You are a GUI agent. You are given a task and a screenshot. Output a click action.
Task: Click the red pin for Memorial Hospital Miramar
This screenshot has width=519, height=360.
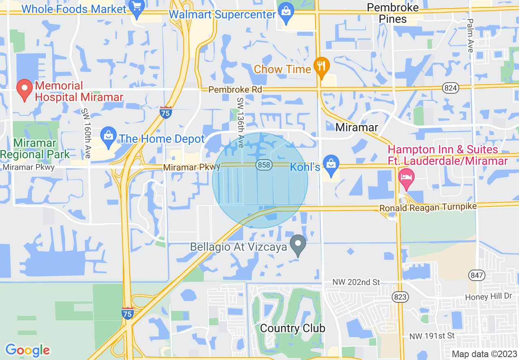[x=25, y=91]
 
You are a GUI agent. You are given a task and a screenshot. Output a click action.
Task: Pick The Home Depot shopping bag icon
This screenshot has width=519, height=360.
[x=108, y=138]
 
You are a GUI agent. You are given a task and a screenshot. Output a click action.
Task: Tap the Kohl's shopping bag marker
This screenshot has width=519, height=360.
[x=331, y=164]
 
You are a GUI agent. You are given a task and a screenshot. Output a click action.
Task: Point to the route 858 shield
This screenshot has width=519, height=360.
[x=264, y=165]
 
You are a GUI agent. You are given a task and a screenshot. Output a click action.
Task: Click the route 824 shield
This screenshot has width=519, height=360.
[x=451, y=88]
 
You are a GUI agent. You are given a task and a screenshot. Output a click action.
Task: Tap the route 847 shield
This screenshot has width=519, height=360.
[x=477, y=275]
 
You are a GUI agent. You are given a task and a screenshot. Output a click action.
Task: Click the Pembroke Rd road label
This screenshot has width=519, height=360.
[x=235, y=89]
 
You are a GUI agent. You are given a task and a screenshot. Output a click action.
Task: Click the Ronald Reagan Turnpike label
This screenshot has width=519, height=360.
[x=428, y=207]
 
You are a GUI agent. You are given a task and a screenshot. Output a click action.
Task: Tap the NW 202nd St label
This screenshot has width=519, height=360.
[x=356, y=282]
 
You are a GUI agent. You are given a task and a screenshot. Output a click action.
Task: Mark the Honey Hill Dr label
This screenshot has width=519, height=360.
[x=489, y=297]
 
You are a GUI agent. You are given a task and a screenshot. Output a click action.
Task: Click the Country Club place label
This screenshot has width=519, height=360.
[x=293, y=328]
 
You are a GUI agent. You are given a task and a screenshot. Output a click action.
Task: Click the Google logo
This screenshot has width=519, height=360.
[x=27, y=350]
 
